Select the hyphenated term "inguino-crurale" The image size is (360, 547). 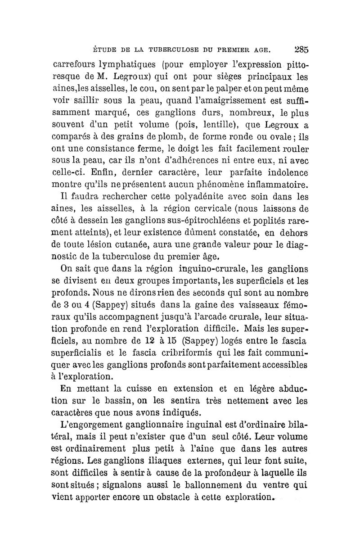click(x=209, y=270)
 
